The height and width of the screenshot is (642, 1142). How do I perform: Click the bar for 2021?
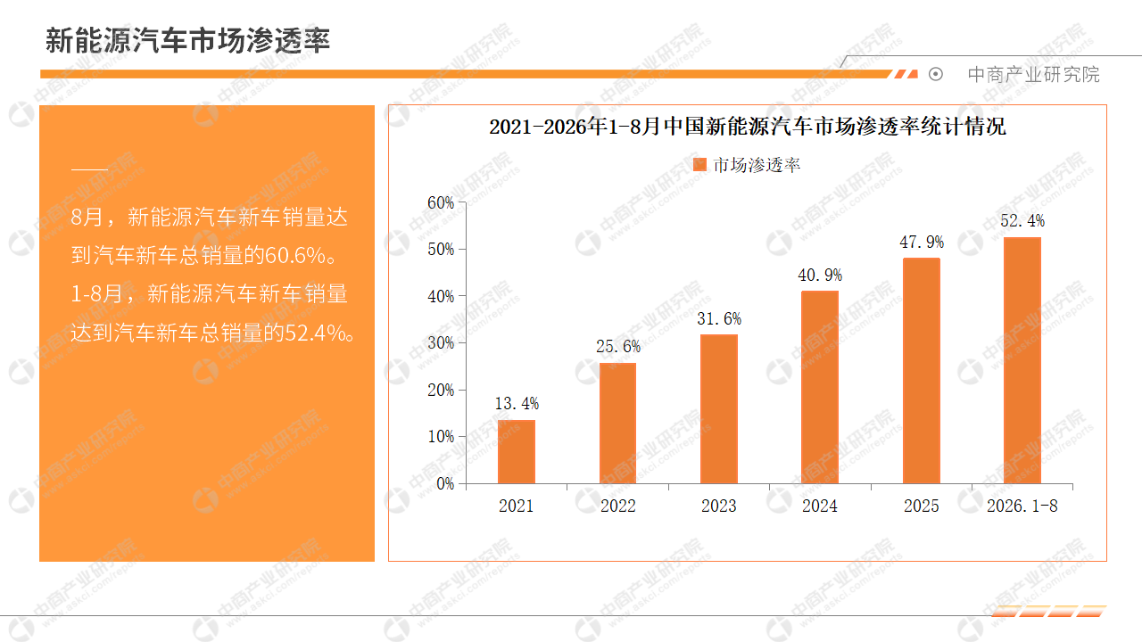tap(517, 451)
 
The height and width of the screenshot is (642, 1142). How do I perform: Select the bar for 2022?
tap(618, 423)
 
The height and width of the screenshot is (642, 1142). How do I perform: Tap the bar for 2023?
tap(719, 408)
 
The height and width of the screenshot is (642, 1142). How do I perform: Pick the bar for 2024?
tap(820, 387)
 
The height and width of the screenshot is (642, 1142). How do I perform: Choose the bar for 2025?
tap(922, 370)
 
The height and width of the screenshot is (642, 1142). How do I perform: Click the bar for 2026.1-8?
tap(1022, 360)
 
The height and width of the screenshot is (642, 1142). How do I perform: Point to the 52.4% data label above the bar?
tap(1022, 220)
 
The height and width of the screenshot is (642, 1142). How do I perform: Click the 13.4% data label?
tap(517, 404)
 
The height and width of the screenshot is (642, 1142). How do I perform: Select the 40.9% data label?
tap(820, 276)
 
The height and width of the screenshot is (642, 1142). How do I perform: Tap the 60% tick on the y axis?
tap(441, 202)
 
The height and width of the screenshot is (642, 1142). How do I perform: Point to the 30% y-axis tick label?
tap(441, 343)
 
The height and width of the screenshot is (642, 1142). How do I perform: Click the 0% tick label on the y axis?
tap(445, 483)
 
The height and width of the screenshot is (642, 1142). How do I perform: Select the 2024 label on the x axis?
tap(820, 506)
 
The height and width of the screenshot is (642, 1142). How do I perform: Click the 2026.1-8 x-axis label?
tap(1022, 506)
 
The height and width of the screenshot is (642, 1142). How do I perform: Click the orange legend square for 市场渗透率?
tap(700, 165)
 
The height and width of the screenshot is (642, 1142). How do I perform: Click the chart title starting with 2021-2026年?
tap(748, 127)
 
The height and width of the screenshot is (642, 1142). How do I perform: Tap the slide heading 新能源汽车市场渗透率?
tap(187, 40)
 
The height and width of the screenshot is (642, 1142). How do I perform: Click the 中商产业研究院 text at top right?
tap(1033, 75)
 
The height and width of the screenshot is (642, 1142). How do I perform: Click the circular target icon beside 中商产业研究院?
tap(936, 74)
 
